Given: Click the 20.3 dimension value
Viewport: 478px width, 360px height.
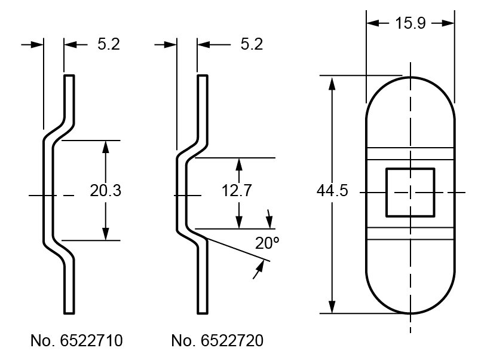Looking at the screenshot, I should click(106, 191).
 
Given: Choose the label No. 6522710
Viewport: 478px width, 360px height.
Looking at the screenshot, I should click(76, 341).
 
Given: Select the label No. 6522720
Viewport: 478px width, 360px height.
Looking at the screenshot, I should click(217, 341).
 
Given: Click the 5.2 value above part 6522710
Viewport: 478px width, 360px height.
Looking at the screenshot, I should click(109, 44).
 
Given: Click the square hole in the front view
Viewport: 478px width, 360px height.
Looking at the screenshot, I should click(410, 193).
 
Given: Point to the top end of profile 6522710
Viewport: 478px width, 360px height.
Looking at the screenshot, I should click(69, 77).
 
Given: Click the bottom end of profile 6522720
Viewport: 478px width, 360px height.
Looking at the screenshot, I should click(203, 312).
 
